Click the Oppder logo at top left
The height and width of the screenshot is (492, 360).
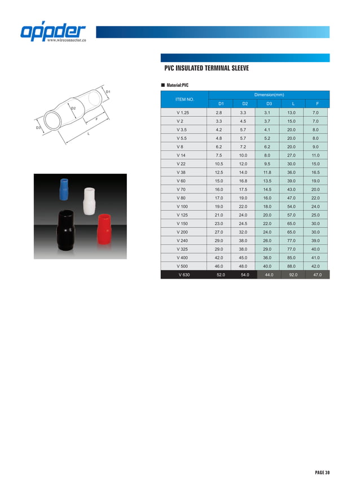click(x=54, y=32)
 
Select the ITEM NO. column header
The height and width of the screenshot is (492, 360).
click(x=185, y=99)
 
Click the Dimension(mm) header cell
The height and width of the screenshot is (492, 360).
click(x=269, y=95)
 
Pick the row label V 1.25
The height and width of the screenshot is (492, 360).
click(x=183, y=113)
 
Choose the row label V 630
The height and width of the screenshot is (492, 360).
click(x=184, y=274)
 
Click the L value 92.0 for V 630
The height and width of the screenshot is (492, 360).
click(x=292, y=274)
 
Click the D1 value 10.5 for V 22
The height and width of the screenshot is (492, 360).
click(x=219, y=164)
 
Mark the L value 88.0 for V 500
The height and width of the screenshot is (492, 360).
click(x=292, y=266)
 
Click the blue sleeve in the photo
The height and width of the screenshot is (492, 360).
click(x=64, y=188)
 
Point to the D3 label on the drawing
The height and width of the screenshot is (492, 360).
click(x=38, y=128)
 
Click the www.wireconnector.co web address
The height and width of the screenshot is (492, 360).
click(x=67, y=41)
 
